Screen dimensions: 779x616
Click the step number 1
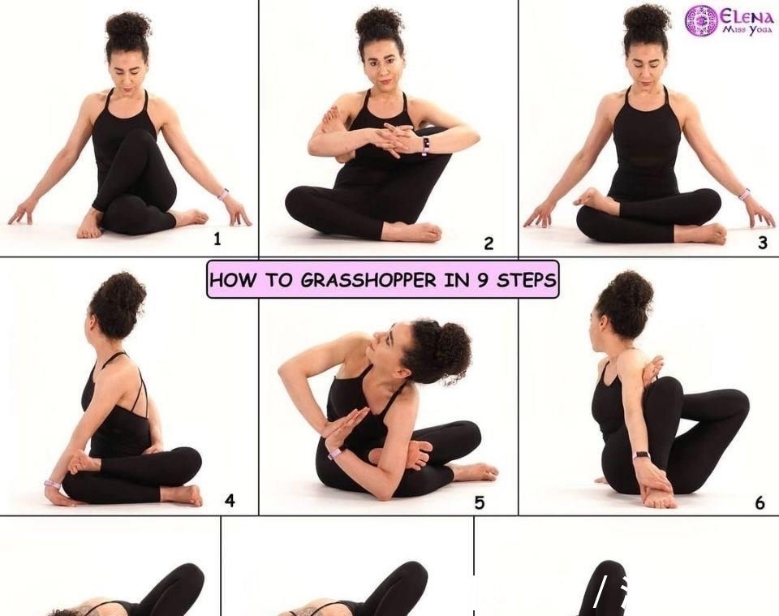tap(217, 239)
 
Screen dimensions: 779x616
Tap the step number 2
tap(488, 243)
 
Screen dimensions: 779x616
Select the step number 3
tap(763, 243)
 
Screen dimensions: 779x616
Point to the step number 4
tap(230, 500)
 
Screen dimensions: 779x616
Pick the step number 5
tap(479, 502)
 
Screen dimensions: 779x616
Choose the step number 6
tap(760, 503)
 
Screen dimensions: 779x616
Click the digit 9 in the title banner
tap(482, 281)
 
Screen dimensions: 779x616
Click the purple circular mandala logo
tap(701, 21)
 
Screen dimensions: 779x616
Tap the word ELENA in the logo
tap(747, 16)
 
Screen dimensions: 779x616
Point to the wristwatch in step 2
tap(425, 145)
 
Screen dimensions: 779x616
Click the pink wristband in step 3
tap(744, 194)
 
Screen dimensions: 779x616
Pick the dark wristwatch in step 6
tap(643, 455)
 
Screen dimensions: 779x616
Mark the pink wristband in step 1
tap(223, 194)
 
